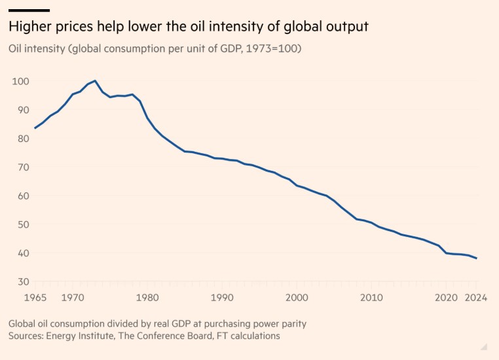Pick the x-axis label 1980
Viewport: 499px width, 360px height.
pyautogui.click(x=147, y=298)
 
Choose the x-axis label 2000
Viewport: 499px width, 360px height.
pyautogui.click(x=297, y=298)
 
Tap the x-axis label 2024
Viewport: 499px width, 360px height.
pyautogui.click(x=476, y=298)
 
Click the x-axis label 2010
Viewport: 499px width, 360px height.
pyautogui.click(x=371, y=298)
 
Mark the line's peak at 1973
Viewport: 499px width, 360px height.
pyautogui.click(x=95, y=81)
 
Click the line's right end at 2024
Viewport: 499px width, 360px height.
pyautogui.click(x=476, y=258)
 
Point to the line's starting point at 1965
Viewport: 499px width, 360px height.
pyautogui.click(x=35, y=128)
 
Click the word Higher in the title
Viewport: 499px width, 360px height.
pyautogui.click(x=28, y=27)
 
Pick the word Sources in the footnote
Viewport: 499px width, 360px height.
pyautogui.click(x=27, y=336)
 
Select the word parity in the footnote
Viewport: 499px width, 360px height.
pyautogui.click(x=293, y=324)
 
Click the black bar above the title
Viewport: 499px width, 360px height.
pyautogui.click(x=29, y=10)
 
